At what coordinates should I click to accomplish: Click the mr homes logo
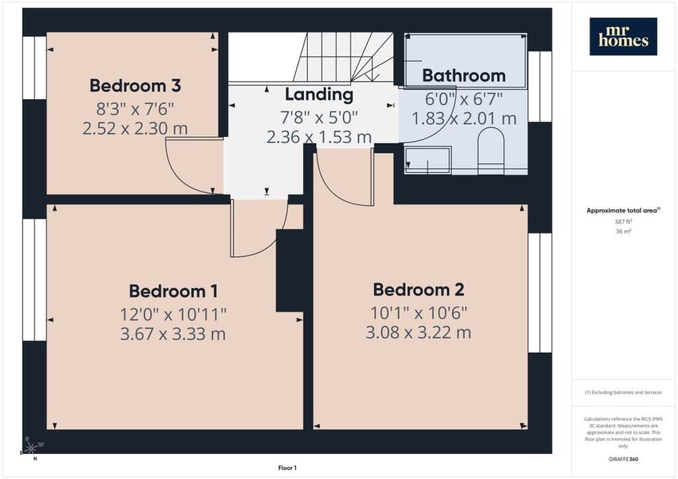623,36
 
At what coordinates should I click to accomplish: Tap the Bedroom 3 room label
135,85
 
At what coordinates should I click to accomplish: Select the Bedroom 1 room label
173,291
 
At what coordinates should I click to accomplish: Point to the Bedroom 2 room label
418,289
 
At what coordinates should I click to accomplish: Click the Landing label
319,95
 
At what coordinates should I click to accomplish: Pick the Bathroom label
464,75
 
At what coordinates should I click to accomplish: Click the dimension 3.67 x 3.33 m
173,334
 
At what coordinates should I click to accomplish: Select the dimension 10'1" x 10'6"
418,313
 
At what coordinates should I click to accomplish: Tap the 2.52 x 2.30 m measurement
135,128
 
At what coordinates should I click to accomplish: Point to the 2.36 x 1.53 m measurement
319,137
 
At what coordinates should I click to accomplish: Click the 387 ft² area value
623,222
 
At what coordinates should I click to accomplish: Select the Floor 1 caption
287,468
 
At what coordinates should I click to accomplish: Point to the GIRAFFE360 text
623,459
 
